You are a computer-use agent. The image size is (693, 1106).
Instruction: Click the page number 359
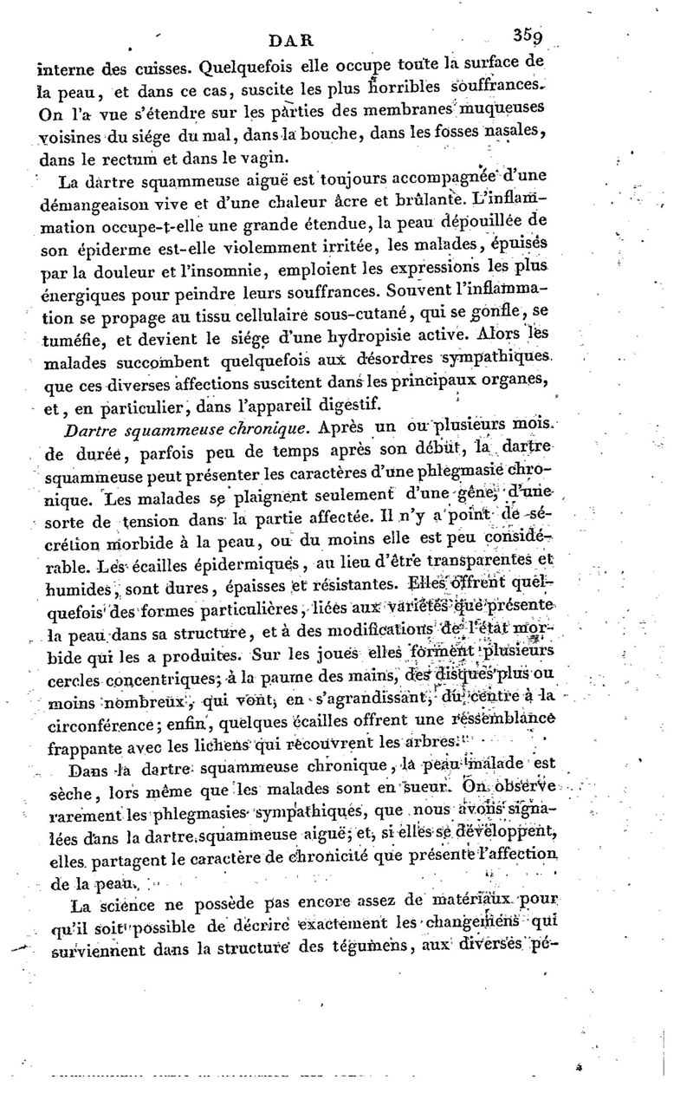pos(526,37)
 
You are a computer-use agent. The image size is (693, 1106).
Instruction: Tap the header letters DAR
pos(295,39)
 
